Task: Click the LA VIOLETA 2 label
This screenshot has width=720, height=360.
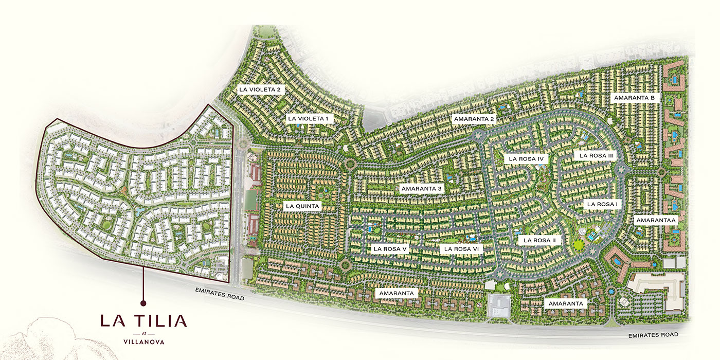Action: click(x=260, y=89)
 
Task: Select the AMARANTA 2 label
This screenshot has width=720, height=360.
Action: click(x=474, y=119)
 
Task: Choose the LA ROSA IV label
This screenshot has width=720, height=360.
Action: click(x=526, y=159)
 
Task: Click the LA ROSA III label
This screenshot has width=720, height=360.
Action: click(x=597, y=155)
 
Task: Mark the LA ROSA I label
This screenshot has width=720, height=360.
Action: click(x=602, y=204)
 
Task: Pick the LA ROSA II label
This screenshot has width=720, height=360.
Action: click(x=539, y=240)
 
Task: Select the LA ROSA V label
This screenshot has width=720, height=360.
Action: click(x=390, y=249)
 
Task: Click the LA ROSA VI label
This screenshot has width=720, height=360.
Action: click(x=461, y=249)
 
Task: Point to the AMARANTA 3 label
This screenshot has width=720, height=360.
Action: click(x=421, y=189)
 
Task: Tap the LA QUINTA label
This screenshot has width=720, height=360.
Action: click(x=302, y=207)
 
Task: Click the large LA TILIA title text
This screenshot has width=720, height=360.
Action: click(x=143, y=321)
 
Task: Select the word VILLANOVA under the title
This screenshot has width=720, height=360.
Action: click(x=143, y=340)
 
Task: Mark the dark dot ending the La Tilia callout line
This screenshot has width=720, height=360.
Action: click(x=143, y=303)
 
